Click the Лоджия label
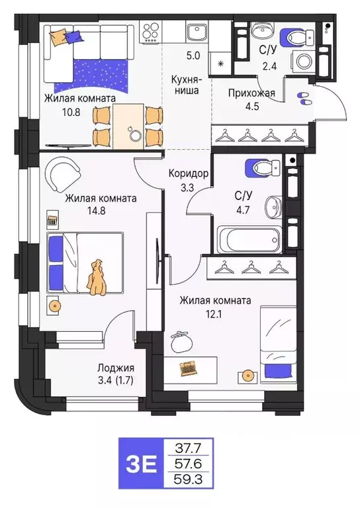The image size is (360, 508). click(116, 368)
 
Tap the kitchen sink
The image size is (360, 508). click(196, 32)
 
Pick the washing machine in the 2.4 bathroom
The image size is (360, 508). click(304, 62)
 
